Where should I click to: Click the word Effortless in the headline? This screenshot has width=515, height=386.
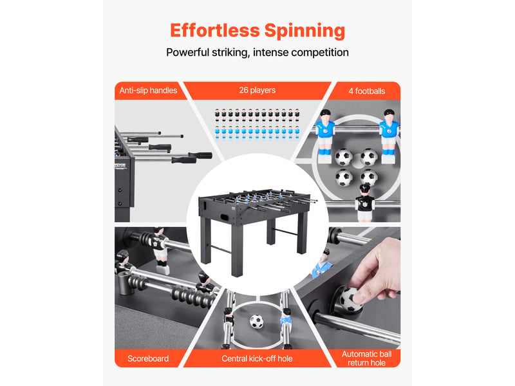[215, 30]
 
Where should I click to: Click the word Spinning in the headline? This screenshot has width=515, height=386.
[304, 32]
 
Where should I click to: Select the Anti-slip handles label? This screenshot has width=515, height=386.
[148, 90]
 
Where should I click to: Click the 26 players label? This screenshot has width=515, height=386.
[257, 90]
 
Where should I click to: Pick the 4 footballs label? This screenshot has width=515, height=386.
[366, 91]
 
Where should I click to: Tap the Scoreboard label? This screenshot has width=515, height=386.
[148, 358]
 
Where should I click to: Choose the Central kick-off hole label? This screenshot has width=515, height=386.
[257, 358]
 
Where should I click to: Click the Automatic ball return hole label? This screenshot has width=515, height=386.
[366, 358]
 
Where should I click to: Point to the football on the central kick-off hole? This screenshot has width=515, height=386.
[256, 321]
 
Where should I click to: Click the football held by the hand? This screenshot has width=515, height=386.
[350, 299]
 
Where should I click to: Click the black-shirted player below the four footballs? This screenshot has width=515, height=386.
[364, 203]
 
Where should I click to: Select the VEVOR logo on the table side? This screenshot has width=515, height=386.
[120, 166]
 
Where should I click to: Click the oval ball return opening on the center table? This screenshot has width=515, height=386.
[225, 217]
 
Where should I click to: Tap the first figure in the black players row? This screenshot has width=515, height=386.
[217, 115]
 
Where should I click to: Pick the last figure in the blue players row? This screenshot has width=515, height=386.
[297, 132]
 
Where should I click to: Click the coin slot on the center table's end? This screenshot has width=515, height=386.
[205, 206]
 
